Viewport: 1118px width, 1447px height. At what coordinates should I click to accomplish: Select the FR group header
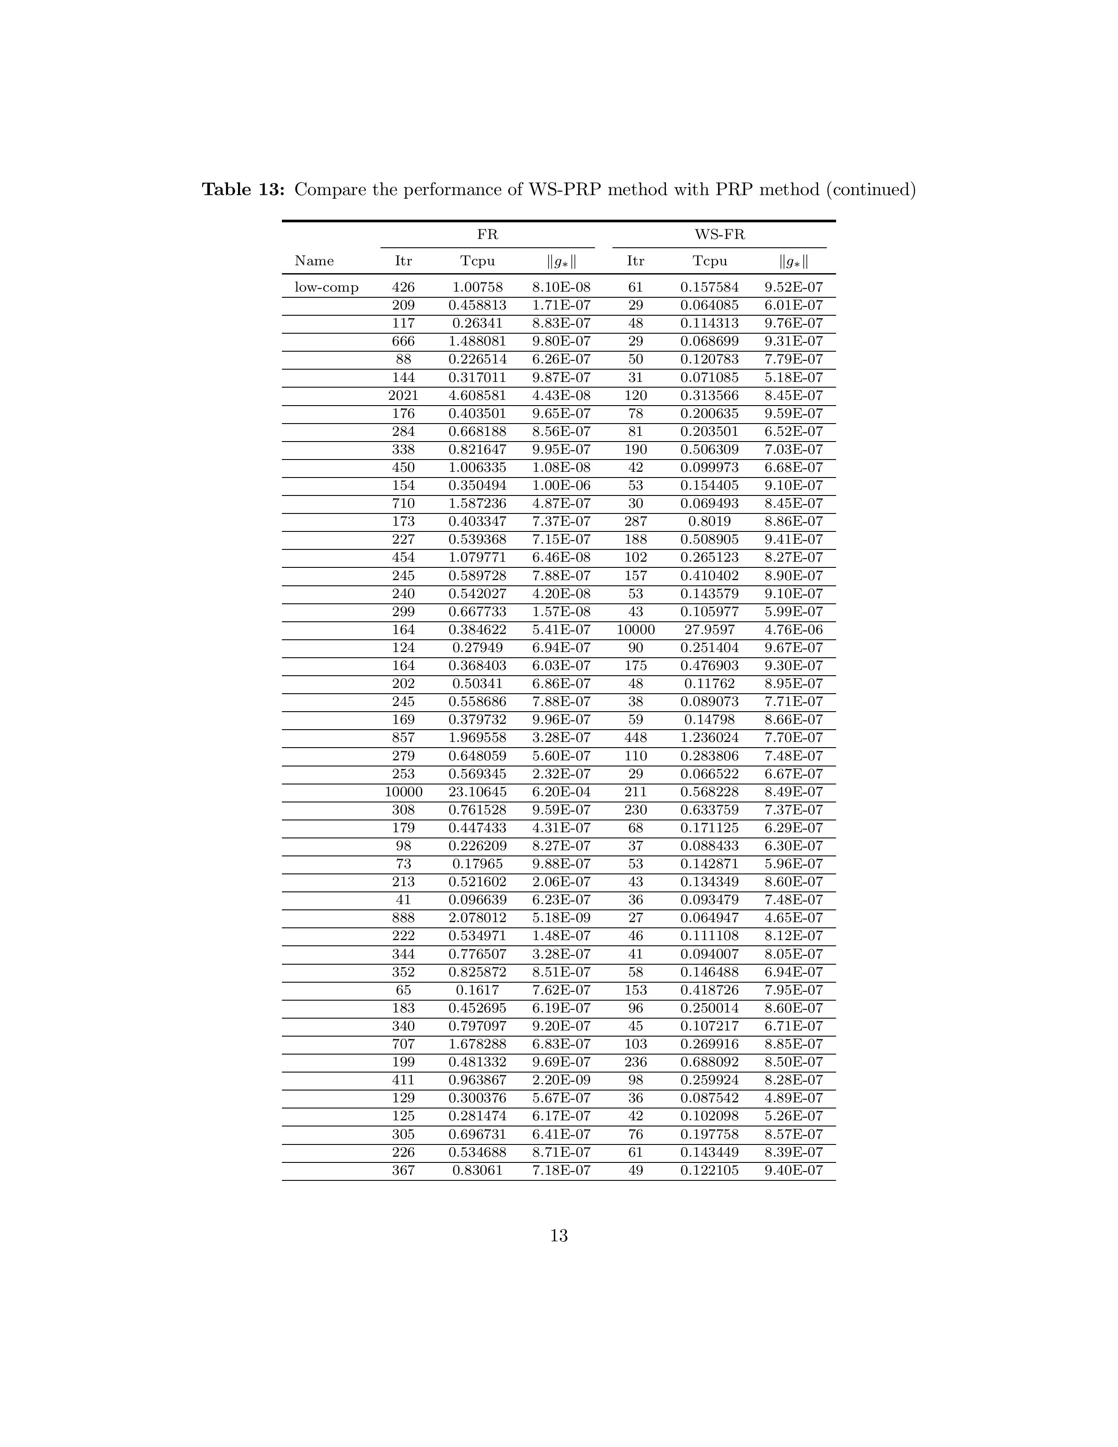click(488, 235)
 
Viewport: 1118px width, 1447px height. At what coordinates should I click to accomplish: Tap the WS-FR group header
click(719, 235)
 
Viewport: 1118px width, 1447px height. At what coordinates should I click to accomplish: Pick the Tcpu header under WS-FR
click(709, 261)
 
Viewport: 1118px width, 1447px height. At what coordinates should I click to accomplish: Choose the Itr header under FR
click(403, 261)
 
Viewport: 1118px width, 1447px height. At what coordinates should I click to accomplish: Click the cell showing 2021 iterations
click(403, 396)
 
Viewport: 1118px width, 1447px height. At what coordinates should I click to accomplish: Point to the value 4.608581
click(477, 396)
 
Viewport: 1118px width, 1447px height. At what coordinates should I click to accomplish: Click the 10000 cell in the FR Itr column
click(403, 792)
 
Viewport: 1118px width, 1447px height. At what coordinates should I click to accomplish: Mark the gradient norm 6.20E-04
click(561, 792)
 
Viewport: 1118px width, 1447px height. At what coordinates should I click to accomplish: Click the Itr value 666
click(403, 341)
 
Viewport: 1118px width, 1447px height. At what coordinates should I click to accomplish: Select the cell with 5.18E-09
click(561, 918)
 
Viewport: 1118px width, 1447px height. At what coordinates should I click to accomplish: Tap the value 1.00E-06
click(561, 486)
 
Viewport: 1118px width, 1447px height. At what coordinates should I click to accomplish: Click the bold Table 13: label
click(243, 190)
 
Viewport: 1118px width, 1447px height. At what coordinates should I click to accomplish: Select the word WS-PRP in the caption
click(564, 190)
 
